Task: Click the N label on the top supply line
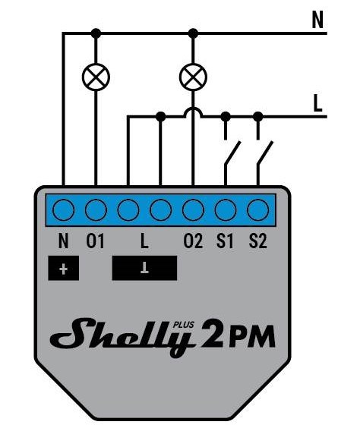tap(317, 20)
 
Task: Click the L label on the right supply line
tap(317, 103)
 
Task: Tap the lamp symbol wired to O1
tap(96, 77)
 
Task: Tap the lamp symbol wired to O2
tap(193, 77)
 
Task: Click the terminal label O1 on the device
tap(96, 241)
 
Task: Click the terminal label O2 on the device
tap(193, 241)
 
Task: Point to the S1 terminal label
tap(226, 241)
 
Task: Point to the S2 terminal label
tap(257, 241)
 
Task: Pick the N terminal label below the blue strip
tap(63, 241)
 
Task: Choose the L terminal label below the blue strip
tap(144, 241)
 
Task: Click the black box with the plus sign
tap(63, 268)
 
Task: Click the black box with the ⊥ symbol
tap(144, 268)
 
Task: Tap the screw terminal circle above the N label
tap(63, 210)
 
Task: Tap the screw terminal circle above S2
tap(257, 210)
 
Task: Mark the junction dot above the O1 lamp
tap(96, 33)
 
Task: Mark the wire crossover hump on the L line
tap(193, 112)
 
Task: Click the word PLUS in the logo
tap(184, 325)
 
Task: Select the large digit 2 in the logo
tap(212, 334)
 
